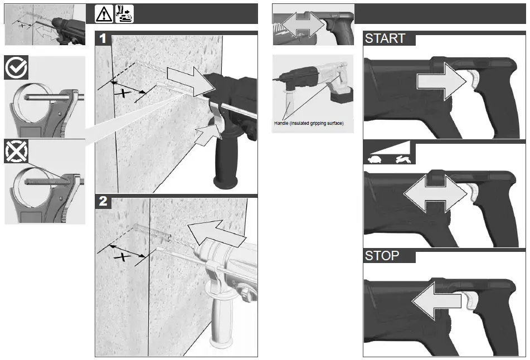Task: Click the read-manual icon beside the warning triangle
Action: [124, 14]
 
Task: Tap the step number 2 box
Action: [103, 201]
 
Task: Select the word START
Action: [385, 39]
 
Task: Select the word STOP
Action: [382, 256]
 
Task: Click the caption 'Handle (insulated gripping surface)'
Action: [309, 123]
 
